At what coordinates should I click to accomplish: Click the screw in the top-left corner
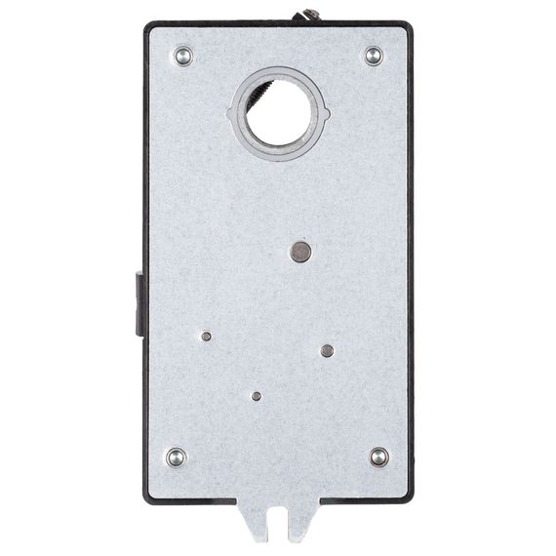coord(183,57)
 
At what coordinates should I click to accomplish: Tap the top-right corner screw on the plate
coord(374,56)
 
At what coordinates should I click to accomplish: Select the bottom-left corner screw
coord(177,457)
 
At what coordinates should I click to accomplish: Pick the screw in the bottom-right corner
coord(378,457)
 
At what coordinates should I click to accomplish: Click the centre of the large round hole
coord(277,114)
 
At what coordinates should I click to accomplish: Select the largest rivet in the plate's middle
coord(301,253)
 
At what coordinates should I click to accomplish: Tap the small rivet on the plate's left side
coord(206,337)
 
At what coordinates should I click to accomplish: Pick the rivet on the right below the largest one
coord(327,351)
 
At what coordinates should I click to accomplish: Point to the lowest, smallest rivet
coord(256,396)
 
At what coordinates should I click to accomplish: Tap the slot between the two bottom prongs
coord(279,521)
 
